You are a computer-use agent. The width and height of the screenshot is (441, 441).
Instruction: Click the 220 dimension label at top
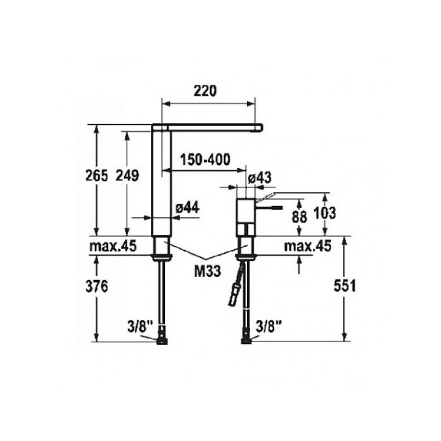coord(205,90)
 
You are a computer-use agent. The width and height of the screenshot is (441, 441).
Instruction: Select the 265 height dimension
coord(97,176)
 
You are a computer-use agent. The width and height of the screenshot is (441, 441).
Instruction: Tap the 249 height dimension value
coord(128,176)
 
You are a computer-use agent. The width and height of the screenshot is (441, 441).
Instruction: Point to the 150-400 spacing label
coord(205,159)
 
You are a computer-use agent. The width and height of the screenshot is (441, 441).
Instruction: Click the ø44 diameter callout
coord(187,208)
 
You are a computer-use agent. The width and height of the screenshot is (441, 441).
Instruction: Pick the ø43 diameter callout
coord(260,178)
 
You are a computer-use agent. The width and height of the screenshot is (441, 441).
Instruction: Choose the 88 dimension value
coord(299,217)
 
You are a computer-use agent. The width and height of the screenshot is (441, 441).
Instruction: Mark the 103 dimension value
coord(325,213)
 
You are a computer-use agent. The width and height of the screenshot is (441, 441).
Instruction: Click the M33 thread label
coord(208,271)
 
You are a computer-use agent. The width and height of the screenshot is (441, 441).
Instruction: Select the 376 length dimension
coord(97,286)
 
